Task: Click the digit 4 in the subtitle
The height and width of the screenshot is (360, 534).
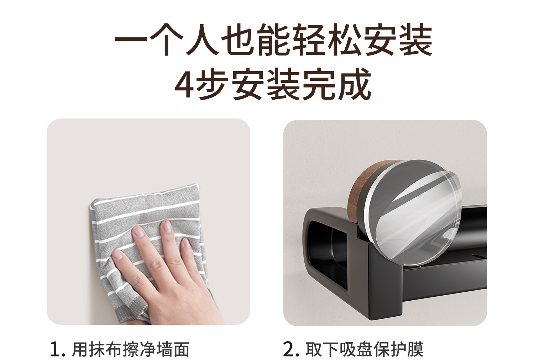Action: coord(185,85)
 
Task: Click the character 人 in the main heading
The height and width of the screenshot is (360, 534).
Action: coord(202,39)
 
